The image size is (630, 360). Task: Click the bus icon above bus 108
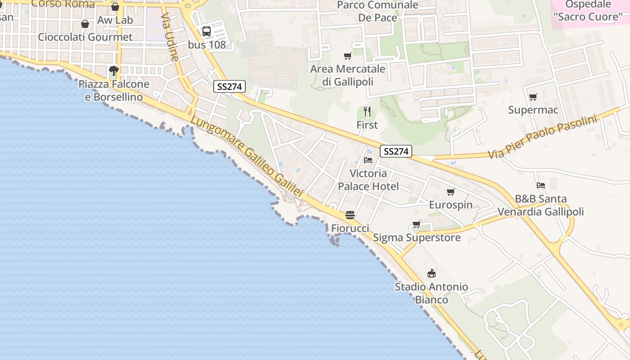[207, 31]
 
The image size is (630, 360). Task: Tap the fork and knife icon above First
[367, 111]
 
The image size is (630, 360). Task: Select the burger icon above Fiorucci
[350, 215]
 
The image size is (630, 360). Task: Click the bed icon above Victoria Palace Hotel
[368, 160]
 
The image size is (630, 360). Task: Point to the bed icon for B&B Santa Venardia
[541, 185]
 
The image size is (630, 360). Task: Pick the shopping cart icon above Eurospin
[450, 192]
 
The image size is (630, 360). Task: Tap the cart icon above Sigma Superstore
[417, 224]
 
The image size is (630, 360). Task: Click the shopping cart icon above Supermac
[533, 97]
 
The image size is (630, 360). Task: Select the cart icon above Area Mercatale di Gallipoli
[347, 56]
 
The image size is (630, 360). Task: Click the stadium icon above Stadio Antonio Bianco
[432, 273]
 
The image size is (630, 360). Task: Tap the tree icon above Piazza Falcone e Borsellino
[114, 70]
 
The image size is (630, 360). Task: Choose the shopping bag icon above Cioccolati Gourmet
[85, 24]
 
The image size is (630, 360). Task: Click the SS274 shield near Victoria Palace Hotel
[396, 152]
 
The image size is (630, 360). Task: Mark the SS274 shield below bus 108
[229, 87]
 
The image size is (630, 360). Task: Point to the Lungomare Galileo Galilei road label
[247, 156]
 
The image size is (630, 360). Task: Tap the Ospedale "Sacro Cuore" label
[588, 11]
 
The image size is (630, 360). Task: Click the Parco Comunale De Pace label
[378, 11]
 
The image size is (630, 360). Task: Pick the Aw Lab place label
[115, 20]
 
